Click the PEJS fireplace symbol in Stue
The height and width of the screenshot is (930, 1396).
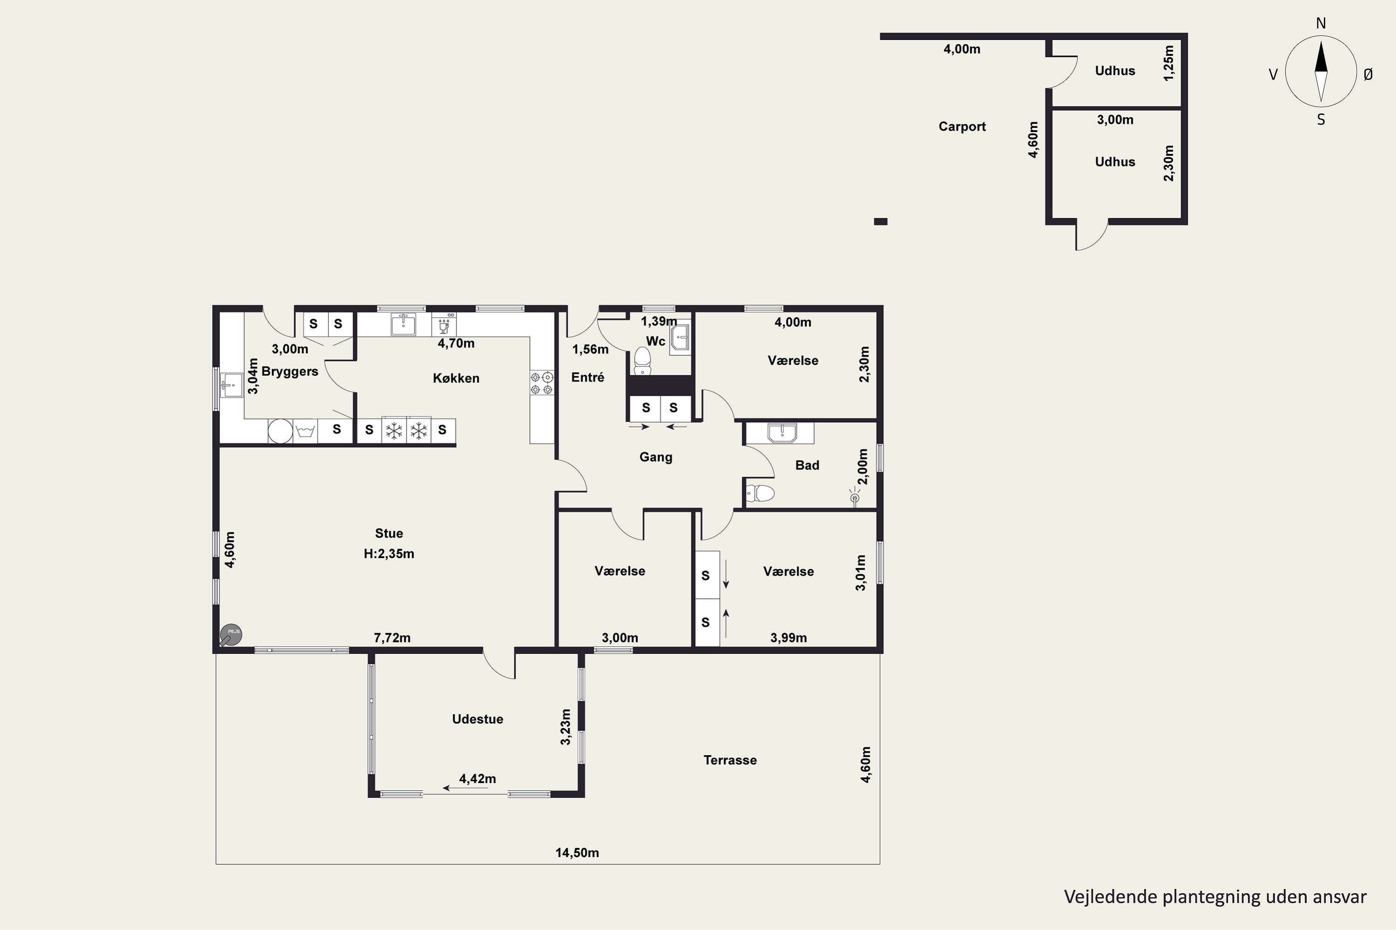[x=230, y=635]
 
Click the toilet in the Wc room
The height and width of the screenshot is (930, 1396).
[x=642, y=361]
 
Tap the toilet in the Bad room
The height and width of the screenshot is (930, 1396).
[x=760, y=493]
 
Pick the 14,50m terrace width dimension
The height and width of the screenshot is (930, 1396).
[x=577, y=853]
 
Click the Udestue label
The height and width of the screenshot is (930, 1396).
[x=477, y=719]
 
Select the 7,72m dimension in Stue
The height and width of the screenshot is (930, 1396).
[x=392, y=638]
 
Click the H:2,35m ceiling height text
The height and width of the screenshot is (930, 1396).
[x=389, y=554]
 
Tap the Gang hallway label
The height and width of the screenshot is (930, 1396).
[x=655, y=457]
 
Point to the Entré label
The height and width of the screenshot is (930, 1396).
[x=588, y=378]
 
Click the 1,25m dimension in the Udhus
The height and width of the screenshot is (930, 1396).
[x=1168, y=63]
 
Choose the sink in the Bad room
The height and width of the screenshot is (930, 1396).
[x=782, y=433]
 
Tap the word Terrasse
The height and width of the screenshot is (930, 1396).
[x=730, y=760]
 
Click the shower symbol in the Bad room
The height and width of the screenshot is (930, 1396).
[x=855, y=497]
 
